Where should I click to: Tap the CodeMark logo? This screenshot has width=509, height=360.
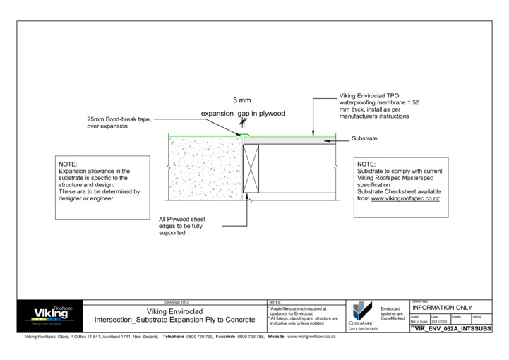361,315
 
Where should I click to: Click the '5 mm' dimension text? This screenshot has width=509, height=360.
242,100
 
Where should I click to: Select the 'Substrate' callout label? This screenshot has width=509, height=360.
364,139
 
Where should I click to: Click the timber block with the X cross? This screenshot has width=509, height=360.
251,168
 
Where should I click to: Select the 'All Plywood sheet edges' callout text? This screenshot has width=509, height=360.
181,226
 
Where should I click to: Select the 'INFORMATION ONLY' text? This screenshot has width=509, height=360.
442,308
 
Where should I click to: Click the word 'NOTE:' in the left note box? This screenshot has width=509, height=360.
68,164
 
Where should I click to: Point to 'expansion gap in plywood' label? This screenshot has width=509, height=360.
243,114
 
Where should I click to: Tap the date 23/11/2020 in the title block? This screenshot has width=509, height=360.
438,321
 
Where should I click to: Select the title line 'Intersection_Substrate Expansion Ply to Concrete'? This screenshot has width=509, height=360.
174,320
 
